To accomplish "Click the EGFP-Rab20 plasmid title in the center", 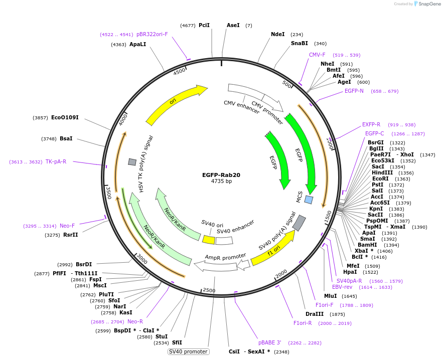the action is click(221, 175).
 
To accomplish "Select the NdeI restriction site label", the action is click(278, 34).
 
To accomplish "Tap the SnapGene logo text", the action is click(429, 4).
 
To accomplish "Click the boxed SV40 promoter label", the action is click(189, 351).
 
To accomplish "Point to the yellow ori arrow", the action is click(174, 101).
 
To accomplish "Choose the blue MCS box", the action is click(309, 200).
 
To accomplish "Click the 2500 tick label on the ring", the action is click(209, 290).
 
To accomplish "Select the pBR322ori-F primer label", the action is click(152, 34).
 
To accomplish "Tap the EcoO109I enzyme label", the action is click(65, 117).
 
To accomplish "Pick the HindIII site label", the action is click(382, 172).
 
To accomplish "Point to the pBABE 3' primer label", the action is click(270, 342).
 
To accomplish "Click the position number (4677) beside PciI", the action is click(188, 26).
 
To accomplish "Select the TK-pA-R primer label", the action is click(56, 162).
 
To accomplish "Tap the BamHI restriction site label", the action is click(367, 245).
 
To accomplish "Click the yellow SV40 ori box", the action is click(209, 240).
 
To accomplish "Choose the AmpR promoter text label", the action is click(225, 257).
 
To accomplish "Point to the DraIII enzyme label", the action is click(315, 314).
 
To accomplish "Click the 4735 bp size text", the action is click(221, 182).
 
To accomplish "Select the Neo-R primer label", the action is click(135, 321).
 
